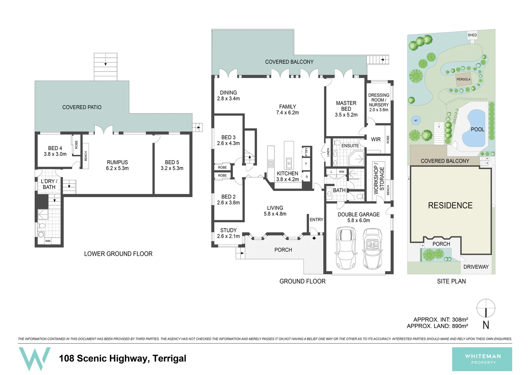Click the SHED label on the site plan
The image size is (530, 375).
click(x=472, y=35)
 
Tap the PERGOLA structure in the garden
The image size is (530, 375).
click(x=463, y=79)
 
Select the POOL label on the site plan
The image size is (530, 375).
click(x=477, y=130)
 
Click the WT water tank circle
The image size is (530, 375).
click(x=416, y=120)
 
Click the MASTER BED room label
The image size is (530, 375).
click(x=346, y=106)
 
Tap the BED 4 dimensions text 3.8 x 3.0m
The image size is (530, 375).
click(x=55, y=154)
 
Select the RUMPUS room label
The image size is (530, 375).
click(x=117, y=162)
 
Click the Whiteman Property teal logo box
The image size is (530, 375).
click(x=482, y=359)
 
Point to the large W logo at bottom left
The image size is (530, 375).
click(x=34, y=359)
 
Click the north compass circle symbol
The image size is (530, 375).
click(x=486, y=308)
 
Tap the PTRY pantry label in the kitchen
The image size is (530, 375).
click(x=306, y=152)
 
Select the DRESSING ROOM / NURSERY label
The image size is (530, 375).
click(x=379, y=100)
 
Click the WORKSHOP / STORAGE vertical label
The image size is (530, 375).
click(x=379, y=180)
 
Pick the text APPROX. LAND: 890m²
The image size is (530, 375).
click(x=437, y=326)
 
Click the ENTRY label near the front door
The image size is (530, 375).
click(x=316, y=220)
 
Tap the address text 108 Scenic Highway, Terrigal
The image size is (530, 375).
click(x=122, y=358)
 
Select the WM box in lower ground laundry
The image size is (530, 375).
click(x=48, y=241)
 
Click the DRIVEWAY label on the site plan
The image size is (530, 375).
click(x=476, y=267)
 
